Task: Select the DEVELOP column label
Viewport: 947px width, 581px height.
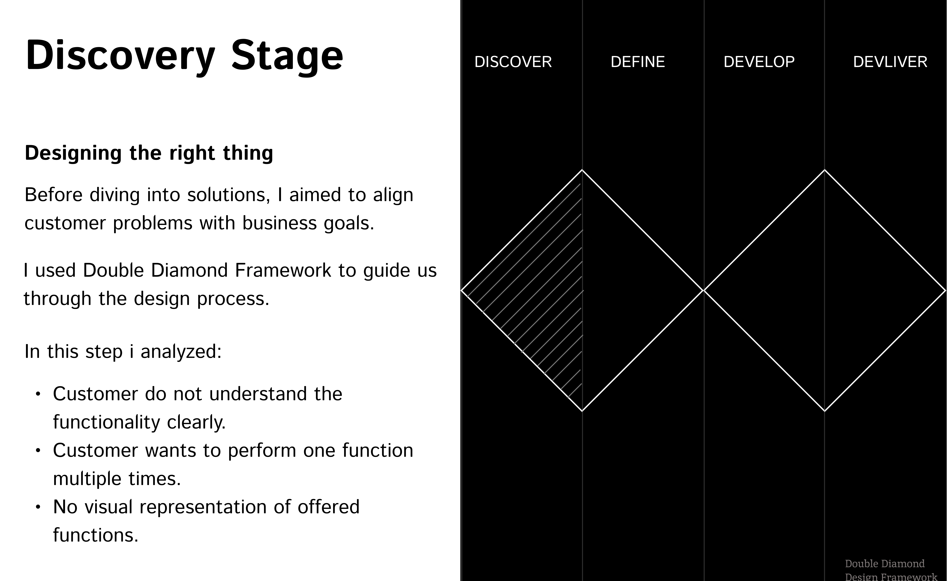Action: tap(759, 62)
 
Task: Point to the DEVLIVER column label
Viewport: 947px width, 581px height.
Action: tap(890, 62)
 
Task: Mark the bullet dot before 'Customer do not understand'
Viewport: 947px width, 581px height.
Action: tap(38, 394)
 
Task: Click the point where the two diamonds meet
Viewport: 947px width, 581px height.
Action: tap(704, 290)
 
